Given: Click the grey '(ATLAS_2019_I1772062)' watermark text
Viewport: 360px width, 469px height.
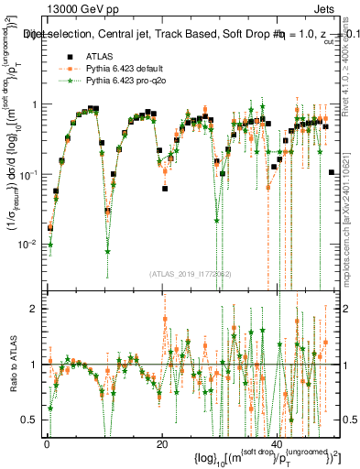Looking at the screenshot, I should pos(191,273).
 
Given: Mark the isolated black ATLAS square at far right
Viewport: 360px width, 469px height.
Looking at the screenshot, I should pos(332,172).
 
